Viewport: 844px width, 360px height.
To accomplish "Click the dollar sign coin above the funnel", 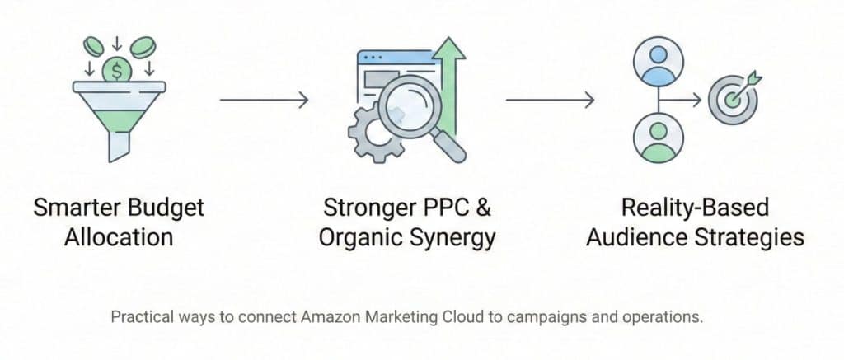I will pyautogui.click(x=116, y=70).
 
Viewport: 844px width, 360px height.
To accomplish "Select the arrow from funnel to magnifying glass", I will pyautogui.click(x=264, y=100).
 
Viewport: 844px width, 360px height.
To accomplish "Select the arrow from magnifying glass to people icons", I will pyautogui.click(x=550, y=100).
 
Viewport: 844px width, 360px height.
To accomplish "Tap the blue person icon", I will pyautogui.click(x=658, y=62).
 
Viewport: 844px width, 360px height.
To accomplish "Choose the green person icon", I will pyautogui.click(x=658, y=138).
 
